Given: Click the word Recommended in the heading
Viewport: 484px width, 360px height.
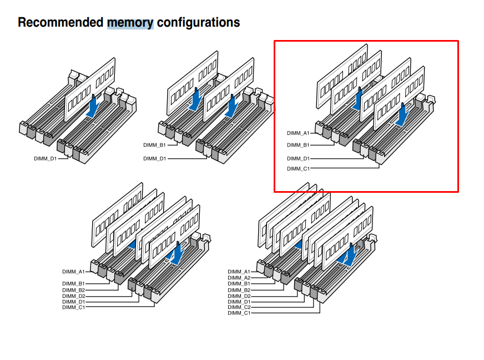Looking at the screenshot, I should (60, 23).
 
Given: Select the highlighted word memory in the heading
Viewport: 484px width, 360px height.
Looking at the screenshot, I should (130, 23).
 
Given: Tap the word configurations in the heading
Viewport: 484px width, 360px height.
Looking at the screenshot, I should (198, 23).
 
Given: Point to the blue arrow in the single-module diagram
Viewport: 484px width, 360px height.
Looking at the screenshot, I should (93, 106).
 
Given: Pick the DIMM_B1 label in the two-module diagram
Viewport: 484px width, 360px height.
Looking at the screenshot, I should (154, 146).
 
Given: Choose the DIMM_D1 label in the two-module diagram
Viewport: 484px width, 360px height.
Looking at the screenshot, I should (154, 158).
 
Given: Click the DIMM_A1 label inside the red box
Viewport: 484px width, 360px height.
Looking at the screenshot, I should (298, 133).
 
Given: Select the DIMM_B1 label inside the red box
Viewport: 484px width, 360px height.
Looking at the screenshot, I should (298, 145).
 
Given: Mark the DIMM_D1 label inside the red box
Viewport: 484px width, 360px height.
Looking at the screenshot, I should (298, 158).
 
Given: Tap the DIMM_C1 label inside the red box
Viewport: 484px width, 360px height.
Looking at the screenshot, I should (298, 168).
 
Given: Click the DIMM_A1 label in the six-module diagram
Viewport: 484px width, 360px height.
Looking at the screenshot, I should (73, 272).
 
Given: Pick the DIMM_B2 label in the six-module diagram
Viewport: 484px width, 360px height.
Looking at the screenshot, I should (73, 290).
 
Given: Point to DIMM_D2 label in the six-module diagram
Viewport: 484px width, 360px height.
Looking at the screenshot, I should (73, 296).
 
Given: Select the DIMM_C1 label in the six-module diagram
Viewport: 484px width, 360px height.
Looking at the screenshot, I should (73, 307).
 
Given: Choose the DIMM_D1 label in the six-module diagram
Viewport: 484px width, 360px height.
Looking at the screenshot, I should (73, 302).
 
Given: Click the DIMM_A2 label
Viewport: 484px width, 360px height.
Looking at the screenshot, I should (239, 278).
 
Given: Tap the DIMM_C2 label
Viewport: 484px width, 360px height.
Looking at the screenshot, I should (239, 307).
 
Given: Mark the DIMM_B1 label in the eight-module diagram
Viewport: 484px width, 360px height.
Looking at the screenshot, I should (239, 284).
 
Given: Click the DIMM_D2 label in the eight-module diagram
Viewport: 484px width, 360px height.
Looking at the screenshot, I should (239, 296).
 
